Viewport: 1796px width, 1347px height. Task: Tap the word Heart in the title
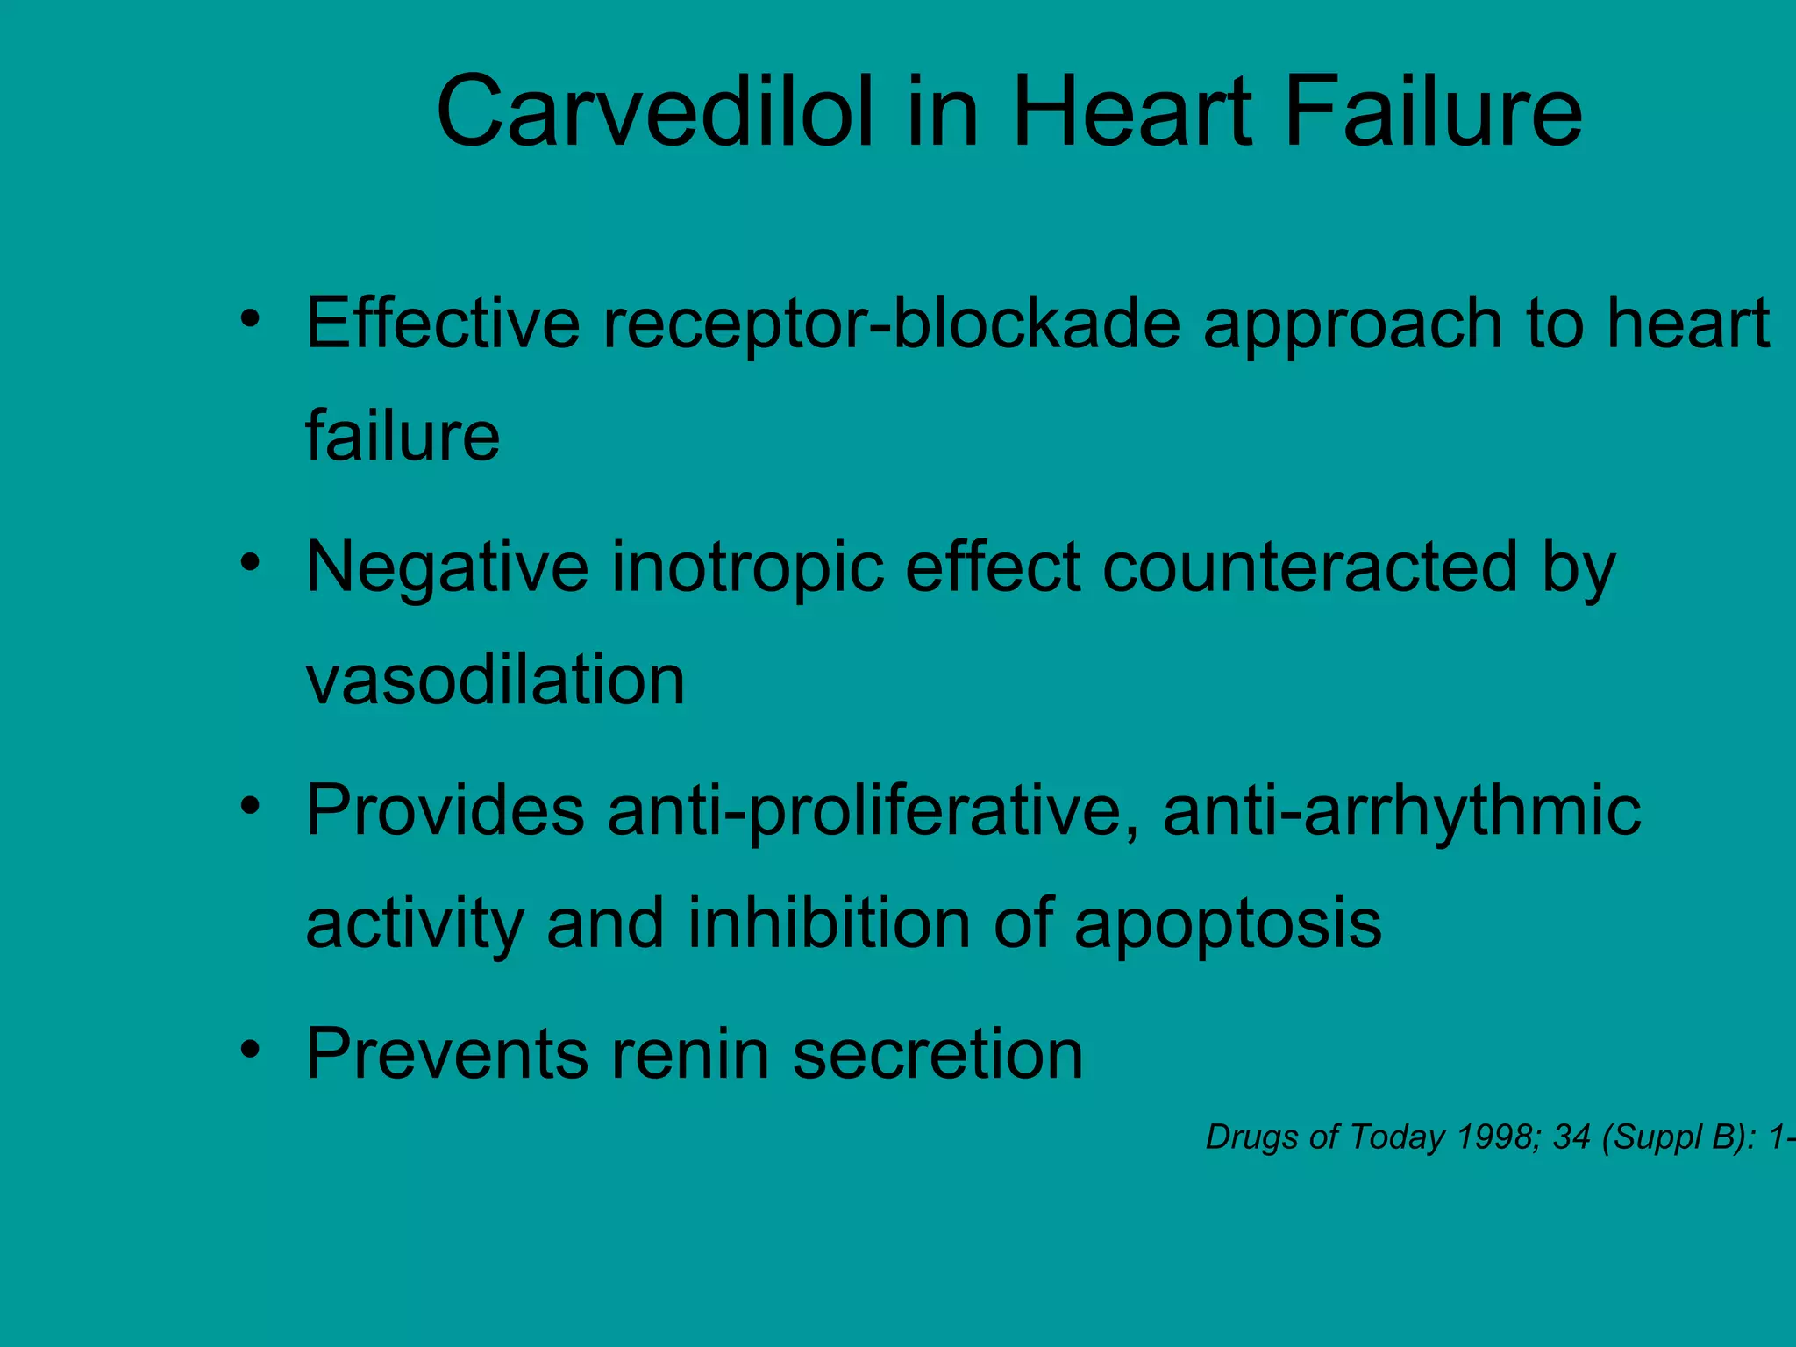(x=1132, y=112)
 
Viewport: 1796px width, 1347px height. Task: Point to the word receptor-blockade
(x=891, y=323)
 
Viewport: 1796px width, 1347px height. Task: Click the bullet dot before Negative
(x=251, y=562)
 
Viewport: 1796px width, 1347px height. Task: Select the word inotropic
(x=747, y=568)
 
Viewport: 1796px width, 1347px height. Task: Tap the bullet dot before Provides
(x=251, y=805)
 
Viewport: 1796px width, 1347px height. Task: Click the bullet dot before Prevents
(x=251, y=1049)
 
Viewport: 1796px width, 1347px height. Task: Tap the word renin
(x=690, y=1053)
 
